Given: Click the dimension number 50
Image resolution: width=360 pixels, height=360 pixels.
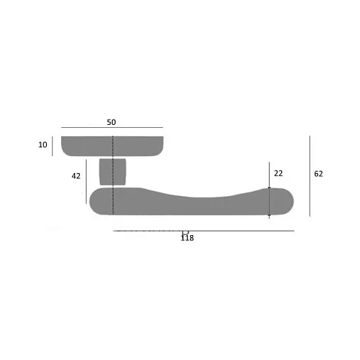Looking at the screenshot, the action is click(x=111, y=122).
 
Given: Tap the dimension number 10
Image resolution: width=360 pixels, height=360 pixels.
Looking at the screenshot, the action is click(x=43, y=145).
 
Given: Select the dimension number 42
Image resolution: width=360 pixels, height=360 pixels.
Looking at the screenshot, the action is click(x=76, y=176).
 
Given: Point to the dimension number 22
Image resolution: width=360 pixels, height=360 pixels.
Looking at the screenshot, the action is click(x=278, y=173).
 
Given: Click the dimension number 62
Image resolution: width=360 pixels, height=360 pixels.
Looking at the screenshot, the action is click(x=319, y=174).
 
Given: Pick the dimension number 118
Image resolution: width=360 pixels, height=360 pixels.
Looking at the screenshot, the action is click(x=187, y=238).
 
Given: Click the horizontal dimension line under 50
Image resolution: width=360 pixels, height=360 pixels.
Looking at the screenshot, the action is click(x=112, y=127).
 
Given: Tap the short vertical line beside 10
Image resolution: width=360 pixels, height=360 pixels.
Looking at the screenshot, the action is click(x=52, y=146).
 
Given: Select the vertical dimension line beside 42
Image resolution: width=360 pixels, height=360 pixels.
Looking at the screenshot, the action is click(x=87, y=182).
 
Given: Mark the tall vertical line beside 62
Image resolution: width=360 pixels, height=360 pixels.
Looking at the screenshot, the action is click(x=310, y=176).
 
